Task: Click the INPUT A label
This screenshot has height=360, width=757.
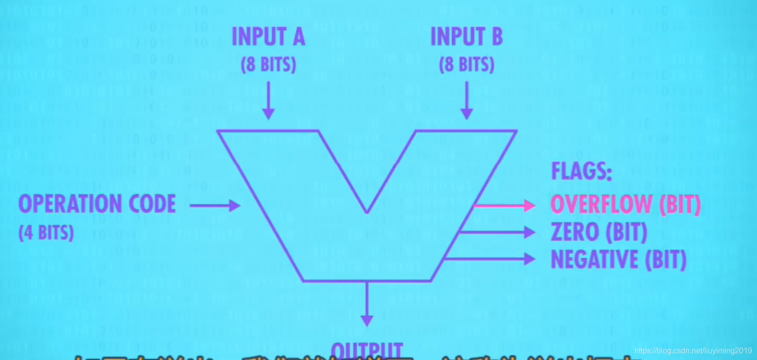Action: [268, 37]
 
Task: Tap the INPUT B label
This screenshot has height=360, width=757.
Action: [467, 37]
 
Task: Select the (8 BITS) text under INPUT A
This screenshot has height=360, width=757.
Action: [268, 64]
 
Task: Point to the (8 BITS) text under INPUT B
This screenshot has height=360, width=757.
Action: [467, 64]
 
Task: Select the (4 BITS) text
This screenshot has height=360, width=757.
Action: [46, 233]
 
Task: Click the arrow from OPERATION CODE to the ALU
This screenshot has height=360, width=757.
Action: [215, 205]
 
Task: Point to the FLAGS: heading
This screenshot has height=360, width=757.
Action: [581, 171]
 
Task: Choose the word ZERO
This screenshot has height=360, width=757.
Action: [575, 232]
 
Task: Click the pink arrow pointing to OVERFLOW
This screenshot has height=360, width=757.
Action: [504, 206]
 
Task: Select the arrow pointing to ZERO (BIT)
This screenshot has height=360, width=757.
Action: [497, 232]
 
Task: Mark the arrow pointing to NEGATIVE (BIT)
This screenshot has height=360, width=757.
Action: [490, 259]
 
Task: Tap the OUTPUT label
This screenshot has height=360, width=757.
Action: [367, 350]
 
